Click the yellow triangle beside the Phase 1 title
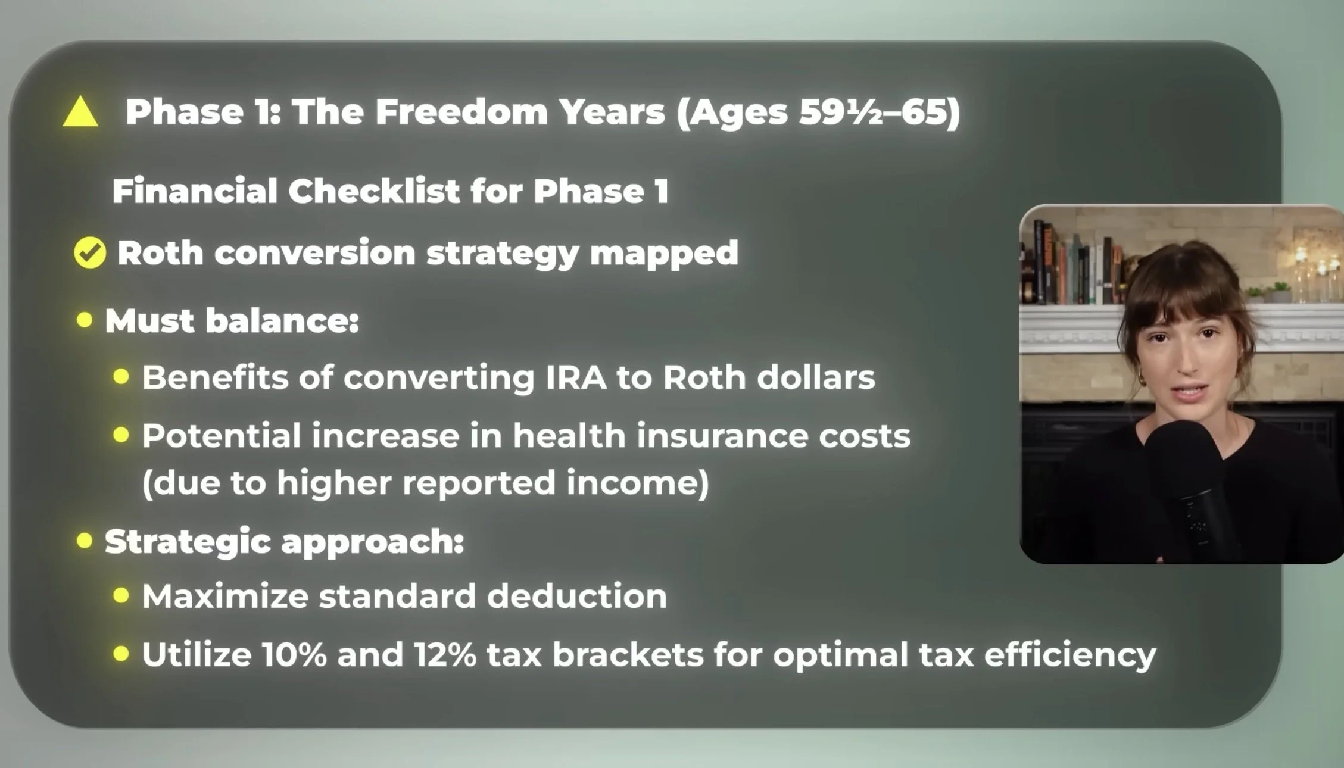click(80, 113)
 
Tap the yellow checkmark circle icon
click(90, 252)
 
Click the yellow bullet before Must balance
click(85, 320)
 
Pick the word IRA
click(576, 377)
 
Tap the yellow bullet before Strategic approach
click(85, 541)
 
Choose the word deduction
click(577, 596)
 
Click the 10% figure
click(294, 654)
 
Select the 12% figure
click(445, 654)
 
